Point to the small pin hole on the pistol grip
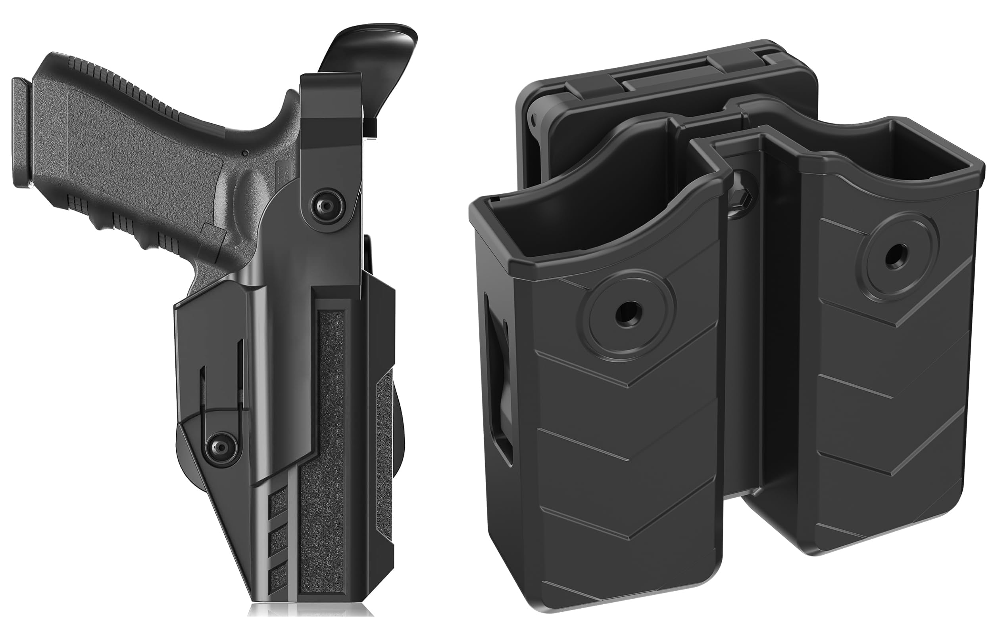pyautogui.click(x=245, y=154)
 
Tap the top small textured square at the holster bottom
pyautogui.click(x=278, y=503)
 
